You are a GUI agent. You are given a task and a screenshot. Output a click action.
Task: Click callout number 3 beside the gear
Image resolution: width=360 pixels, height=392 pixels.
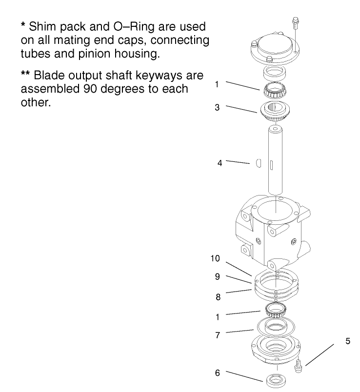[217, 107]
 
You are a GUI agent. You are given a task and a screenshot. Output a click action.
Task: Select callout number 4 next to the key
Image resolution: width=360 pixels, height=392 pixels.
[220, 163]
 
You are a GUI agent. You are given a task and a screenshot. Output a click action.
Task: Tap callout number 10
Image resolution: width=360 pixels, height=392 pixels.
[215, 258]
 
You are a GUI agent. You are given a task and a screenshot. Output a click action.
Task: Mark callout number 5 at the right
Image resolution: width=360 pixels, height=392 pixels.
[347, 341]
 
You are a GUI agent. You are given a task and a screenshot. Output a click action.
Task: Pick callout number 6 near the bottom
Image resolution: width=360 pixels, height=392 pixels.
[217, 372]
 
